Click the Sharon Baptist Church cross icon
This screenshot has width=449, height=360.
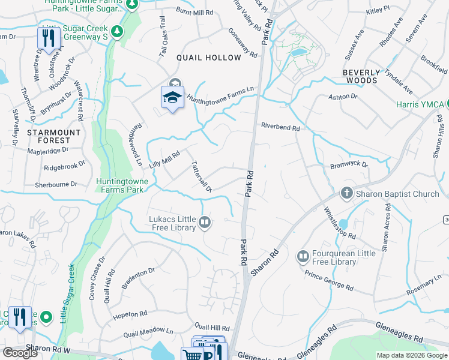tap(346, 194)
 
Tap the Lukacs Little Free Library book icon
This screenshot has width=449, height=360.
tap(205, 223)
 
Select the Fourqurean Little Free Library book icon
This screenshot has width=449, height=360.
tap(303, 257)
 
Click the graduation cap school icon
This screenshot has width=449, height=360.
tap(172, 97)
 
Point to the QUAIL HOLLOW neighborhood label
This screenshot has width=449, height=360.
tap(208, 58)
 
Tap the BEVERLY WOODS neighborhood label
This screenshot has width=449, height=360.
tap(362, 76)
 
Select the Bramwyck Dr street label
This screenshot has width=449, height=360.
tap(349, 164)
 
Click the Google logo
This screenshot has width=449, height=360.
tap(20, 353)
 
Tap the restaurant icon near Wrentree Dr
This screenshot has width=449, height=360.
tap(47, 38)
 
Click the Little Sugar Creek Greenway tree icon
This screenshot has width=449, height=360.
tap(118, 30)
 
